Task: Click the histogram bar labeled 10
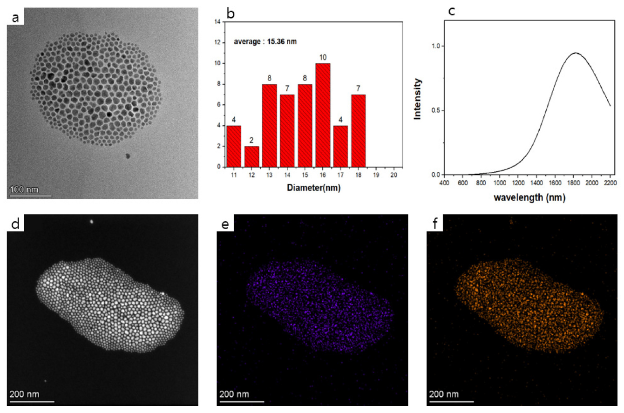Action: pos(323,115)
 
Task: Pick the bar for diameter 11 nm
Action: pos(234,146)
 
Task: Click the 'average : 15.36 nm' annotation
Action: pos(265,41)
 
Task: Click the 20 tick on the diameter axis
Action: pos(393,176)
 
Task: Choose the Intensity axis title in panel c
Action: pos(418,99)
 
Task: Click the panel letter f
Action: pos(435,223)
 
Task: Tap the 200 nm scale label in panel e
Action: pos(234,395)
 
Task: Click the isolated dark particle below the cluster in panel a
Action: pos(128,156)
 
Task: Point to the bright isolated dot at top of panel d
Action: pos(92,222)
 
